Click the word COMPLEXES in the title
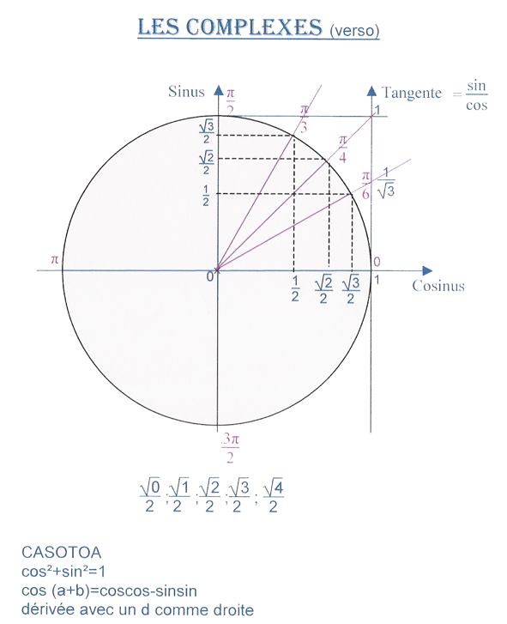point(254,27)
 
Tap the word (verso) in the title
point(354,31)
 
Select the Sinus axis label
point(186,92)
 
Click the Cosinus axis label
point(438,286)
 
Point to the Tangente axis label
point(412,93)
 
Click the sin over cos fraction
point(476,95)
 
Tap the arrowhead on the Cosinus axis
point(427,270)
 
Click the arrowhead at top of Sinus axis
point(219,90)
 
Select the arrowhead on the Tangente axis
point(371,91)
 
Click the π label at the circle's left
point(55,260)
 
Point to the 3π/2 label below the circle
point(230,448)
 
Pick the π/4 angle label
point(342,149)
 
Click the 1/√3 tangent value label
point(386,183)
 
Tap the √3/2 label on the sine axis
point(207,132)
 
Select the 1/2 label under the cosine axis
point(295,289)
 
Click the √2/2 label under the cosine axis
point(323,290)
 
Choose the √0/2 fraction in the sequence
point(150,496)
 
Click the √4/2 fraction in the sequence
point(273,496)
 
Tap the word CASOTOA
point(61,553)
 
